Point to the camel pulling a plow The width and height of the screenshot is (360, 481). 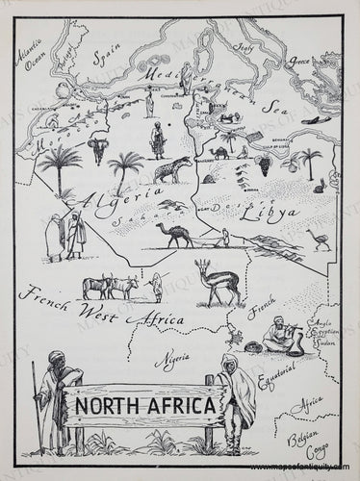point(175,234)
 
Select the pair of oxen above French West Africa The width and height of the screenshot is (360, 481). point(109,288)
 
